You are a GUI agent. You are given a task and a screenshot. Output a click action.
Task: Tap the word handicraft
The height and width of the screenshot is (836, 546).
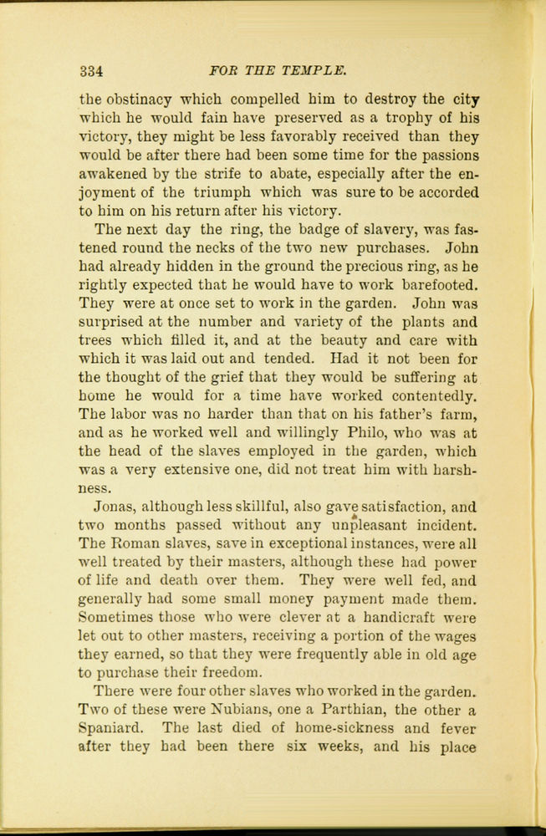coord(393,619)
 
